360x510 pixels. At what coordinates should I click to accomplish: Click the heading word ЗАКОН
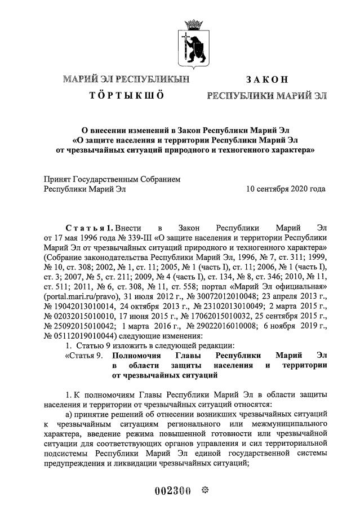coord(267,79)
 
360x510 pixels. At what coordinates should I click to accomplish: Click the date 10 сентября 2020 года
coord(286,189)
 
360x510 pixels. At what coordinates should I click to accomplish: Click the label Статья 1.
coord(88,228)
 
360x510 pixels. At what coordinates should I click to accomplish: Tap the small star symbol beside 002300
coord(205,489)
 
